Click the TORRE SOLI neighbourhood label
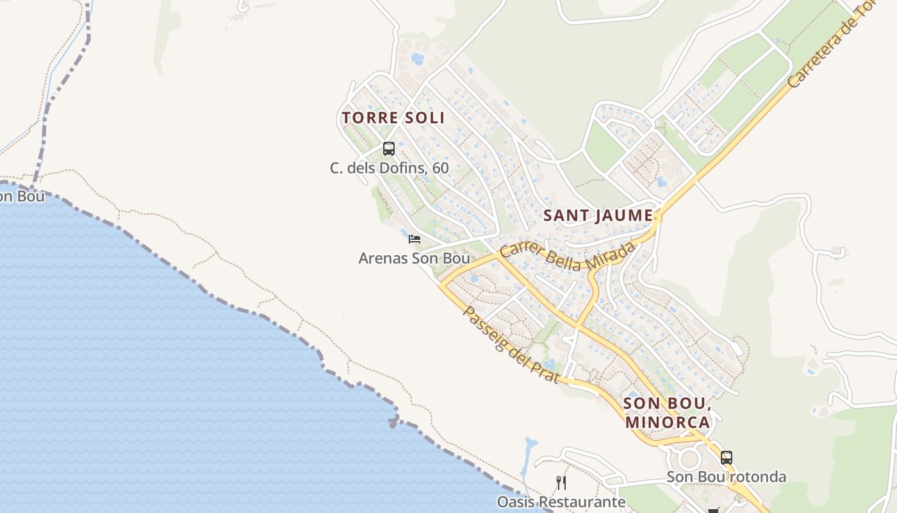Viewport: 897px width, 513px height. [393, 118]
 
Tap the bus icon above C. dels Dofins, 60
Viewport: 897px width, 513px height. [388, 149]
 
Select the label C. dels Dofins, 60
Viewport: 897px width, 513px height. [389, 168]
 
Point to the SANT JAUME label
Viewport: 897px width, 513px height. [598, 215]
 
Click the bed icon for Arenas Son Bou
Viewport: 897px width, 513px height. [415, 239]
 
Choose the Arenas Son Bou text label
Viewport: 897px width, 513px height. [414, 258]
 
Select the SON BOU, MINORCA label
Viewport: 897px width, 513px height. [667, 412]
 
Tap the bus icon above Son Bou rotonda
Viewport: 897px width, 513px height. [726, 458]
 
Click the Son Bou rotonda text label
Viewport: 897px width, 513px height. [726, 477]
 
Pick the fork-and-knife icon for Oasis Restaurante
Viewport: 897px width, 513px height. [561, 482]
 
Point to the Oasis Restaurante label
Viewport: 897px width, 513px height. [561, 501]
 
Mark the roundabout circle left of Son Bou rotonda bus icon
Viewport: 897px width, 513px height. [689, 458]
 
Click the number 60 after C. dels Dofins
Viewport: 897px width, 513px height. [440, 168]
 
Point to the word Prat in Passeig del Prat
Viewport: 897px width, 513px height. [545, 369]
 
